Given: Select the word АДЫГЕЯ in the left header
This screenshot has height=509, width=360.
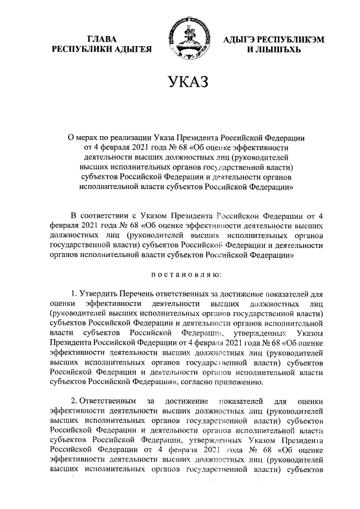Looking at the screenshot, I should pyautogui.click(x=133, y=49).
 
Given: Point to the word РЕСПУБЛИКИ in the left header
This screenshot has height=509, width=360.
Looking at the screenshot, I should pyautogui.click(x=79, y=49).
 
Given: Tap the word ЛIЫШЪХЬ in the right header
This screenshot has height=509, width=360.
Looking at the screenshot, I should pyautogui.click(x=276, y=49).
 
